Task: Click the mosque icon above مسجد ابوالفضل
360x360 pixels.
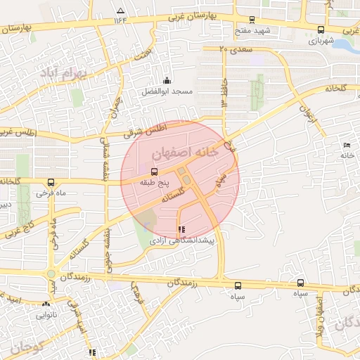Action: (167, 81)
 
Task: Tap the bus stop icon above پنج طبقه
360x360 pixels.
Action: (154, 171)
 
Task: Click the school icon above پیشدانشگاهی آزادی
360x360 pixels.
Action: (182, 229)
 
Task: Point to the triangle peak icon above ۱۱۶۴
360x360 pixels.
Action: (120, 11)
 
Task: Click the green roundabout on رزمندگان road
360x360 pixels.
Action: (51, 274)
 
